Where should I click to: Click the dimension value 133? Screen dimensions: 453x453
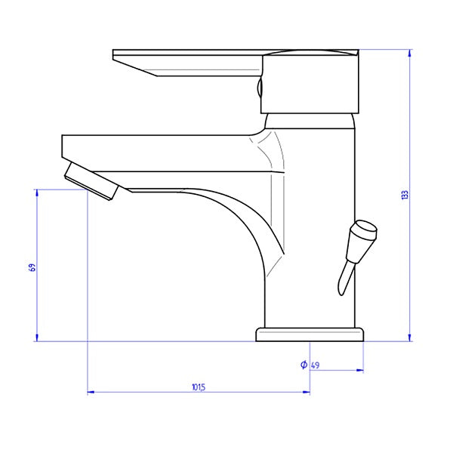click(x=405, y=195)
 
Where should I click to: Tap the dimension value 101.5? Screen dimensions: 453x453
click(x=199, y=387)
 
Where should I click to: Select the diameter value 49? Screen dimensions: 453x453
click(x=315, y=366)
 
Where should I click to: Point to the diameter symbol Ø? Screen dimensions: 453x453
click(x=304, y=365)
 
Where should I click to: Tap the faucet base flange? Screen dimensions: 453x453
click(x=310, y=334)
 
